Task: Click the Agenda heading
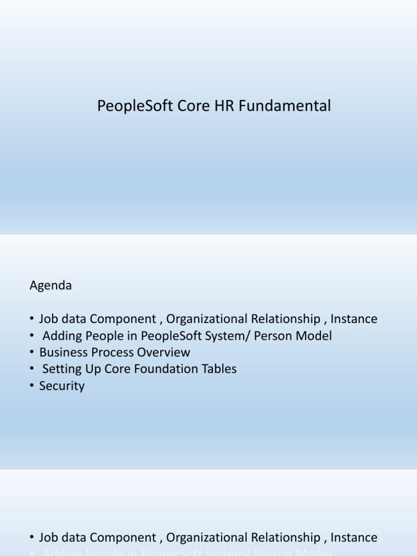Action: [50, 286]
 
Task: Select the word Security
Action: [62, 386]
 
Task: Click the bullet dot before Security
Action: [32, 386]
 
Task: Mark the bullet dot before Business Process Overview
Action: [32, 352]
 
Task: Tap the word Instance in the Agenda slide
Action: [353, 319]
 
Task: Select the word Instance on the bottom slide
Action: [353, 538]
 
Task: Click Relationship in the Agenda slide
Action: [287, 319]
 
